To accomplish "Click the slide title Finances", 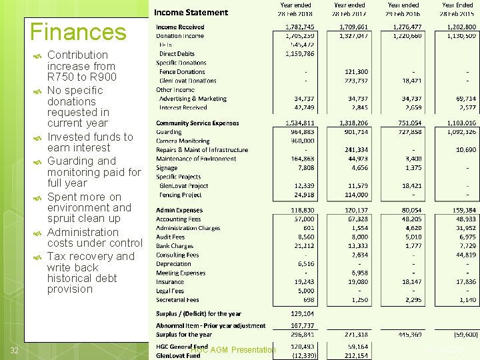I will point(78,31).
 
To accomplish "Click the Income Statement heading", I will point(191,12).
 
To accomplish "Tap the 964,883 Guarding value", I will point(299,132).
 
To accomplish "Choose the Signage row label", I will point(167,168).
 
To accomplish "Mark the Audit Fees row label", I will point(170,237).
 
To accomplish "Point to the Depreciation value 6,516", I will point(303,263).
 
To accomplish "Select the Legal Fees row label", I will point(170,291).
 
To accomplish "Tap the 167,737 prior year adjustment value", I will point(299,326).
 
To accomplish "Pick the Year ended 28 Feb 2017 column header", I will point(350,9).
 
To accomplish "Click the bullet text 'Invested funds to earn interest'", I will point(90,142).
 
